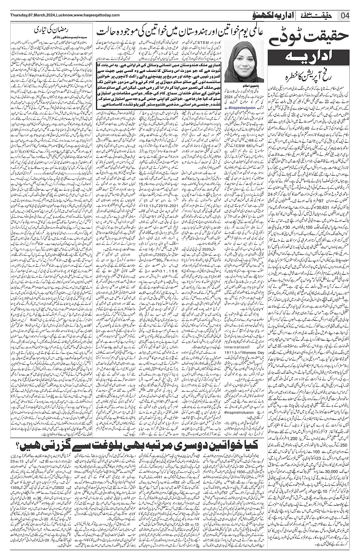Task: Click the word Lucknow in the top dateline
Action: click(x=63, y=15)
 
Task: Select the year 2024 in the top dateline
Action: click(x=48, y=15)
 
